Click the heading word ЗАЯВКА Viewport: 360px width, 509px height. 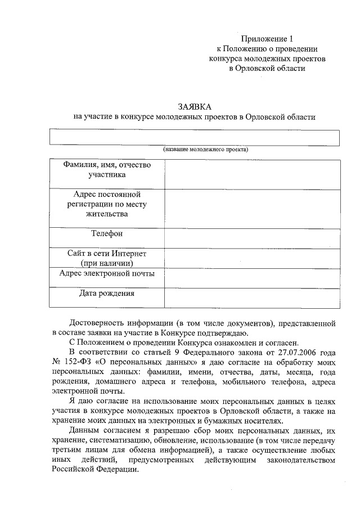click(195, 106)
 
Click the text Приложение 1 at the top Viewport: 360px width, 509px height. click(267, 39)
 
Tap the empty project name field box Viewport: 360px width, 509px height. click(195, 138)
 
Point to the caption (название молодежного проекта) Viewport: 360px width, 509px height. click(206, 150)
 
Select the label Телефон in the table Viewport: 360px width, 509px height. click(107, 233)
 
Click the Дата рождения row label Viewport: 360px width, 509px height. click(107, 293)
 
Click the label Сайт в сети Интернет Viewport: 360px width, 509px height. click(107, 254)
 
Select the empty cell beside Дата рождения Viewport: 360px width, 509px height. click(252, 298)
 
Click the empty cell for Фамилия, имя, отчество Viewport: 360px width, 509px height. click(252, 174)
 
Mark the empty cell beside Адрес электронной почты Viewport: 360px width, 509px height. click(252, 278)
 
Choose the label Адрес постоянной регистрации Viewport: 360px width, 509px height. click(107, 204)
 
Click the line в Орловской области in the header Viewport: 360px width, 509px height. click(267, 68)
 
